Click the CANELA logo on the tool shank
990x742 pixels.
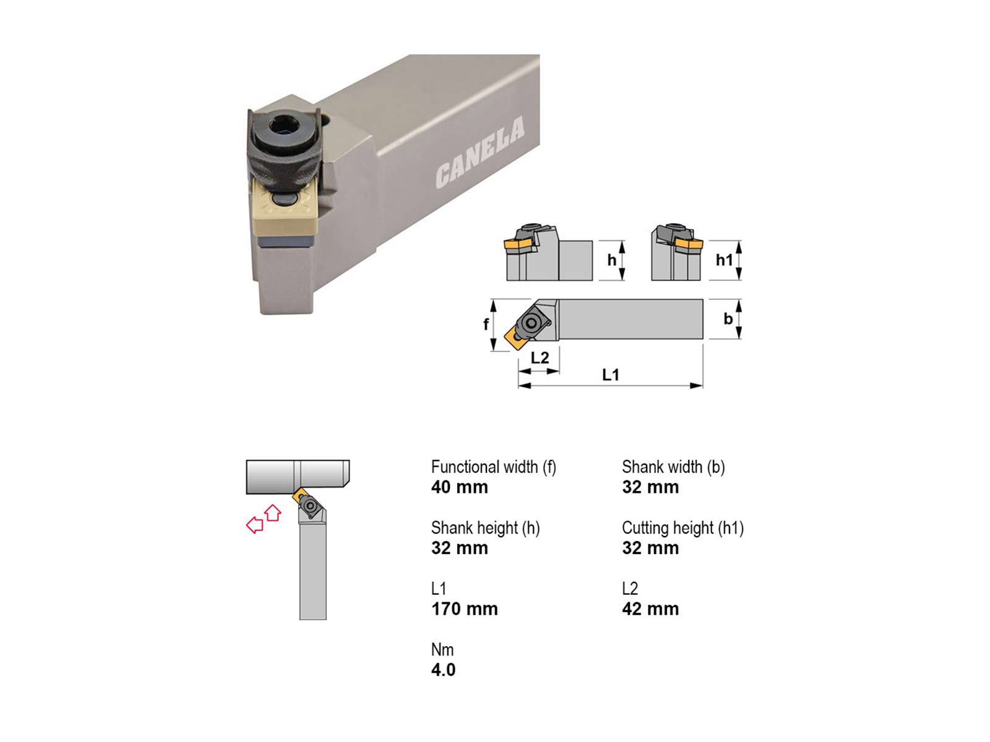(480, 152)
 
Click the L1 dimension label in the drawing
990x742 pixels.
(610, 374)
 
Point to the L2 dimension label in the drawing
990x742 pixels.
(540, 358)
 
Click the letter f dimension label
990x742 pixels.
(486, 323)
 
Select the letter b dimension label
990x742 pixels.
(728, 318)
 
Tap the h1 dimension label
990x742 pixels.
(724, 260)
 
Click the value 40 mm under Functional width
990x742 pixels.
(459, 487)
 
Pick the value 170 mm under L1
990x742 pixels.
(464, 608)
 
